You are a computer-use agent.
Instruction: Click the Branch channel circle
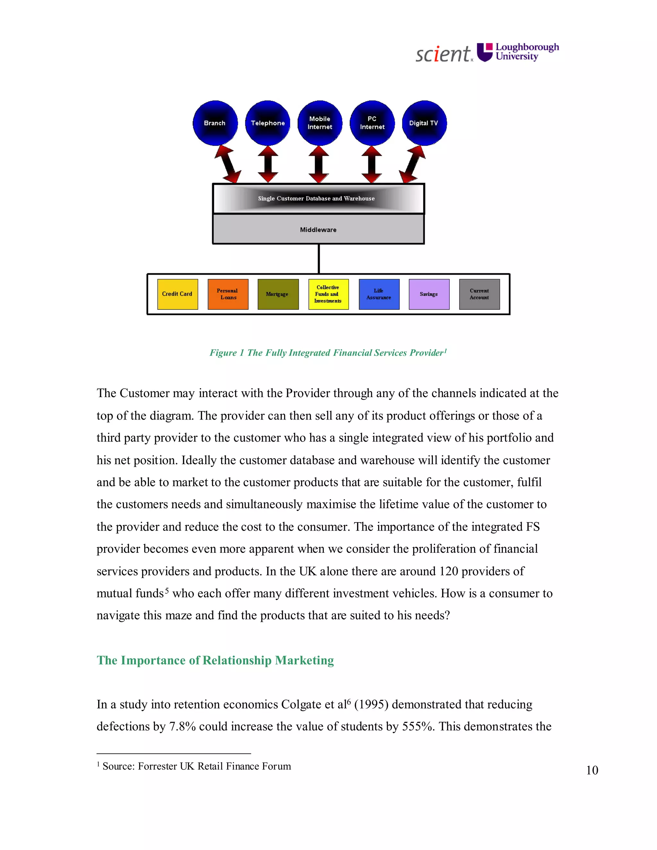tap(215, 123)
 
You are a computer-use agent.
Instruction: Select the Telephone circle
tap(268, 123)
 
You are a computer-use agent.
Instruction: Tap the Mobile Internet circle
tap(320, 123)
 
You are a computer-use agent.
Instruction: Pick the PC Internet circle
tap(372, 123)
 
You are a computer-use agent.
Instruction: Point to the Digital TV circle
tap(424, 123)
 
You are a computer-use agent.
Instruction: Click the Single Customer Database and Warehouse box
tap(318, 199)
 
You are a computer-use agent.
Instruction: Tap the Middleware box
tap(318, 230)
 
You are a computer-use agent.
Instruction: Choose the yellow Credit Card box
tap(177, 294)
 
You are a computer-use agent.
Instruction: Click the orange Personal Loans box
tap(228, 294)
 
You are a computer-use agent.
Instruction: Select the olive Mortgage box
tap(278, 294)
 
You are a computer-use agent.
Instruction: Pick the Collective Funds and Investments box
tap(328, 294)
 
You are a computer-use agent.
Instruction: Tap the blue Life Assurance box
tap(379, 294)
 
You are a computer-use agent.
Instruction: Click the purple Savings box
tap(429, 294)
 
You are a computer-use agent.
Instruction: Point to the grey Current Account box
tap(479, 294)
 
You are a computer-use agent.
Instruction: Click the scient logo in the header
tap(444, 54)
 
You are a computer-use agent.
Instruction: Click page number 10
tap(592, 770)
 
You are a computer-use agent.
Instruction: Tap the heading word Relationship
tap(237, 660)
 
